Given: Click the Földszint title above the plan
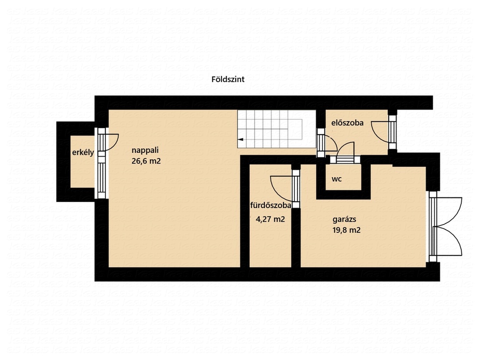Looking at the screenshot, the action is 228,79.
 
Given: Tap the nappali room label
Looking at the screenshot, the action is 145,150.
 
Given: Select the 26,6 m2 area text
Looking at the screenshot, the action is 146,161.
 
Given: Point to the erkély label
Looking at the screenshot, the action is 83,152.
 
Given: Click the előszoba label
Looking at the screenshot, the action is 347,123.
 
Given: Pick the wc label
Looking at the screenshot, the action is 337,179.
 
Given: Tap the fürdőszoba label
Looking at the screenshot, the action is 270,205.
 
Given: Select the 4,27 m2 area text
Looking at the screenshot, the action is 270,219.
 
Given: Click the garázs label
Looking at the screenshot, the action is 344,219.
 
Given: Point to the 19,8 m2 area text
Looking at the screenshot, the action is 346,230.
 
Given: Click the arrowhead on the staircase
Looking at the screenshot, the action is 240,140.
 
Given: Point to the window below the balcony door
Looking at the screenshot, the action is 102,178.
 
